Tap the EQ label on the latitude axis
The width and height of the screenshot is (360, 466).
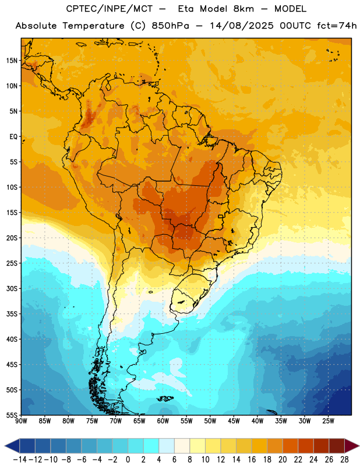tap(13, 137)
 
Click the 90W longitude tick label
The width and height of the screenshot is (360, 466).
tap(21, 421)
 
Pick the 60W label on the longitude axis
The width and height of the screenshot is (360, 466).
tap(163, 421)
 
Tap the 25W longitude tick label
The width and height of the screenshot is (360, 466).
tap(328, 421)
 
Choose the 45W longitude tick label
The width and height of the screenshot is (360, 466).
tap(234, 421)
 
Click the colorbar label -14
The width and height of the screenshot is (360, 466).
tap(20, 460)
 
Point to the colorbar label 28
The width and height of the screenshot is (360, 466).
tap(344, 460)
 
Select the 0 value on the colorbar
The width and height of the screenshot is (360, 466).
tap(128, 460)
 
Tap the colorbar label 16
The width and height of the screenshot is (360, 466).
tap(252, 460)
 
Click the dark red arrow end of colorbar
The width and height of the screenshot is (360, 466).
tap(351, 446)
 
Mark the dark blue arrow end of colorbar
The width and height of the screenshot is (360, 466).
tap(12, 446)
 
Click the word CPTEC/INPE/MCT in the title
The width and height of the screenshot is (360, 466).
tap(109, 9)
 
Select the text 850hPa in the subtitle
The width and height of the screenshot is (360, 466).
tap(170, 26)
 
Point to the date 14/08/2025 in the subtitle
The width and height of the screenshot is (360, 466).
tap(241, 26)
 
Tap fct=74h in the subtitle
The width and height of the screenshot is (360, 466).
tap(337, 26)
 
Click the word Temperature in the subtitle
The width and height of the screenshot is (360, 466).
tap(93, 26)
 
